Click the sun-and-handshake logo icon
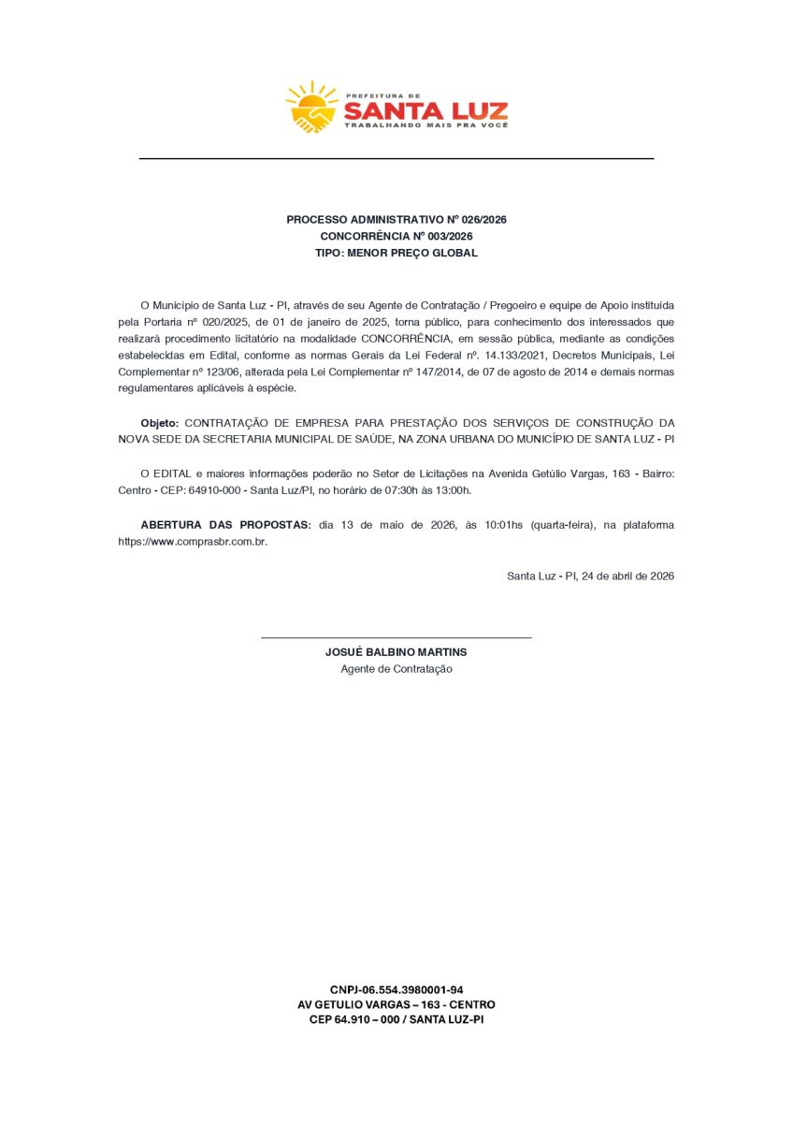point(312,107)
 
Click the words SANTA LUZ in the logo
point(425,111)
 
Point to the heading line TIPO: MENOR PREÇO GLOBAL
point(396,253)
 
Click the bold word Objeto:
point(160,423)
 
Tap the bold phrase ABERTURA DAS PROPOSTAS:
point(225,526)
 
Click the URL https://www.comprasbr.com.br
point(193,542)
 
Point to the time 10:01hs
point(504,526)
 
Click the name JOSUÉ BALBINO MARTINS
point(396,651)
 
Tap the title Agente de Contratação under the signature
point(396,669)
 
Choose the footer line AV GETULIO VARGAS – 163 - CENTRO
point(396,1004)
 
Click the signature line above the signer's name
point(396,637)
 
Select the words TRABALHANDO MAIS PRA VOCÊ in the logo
point(425,125)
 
